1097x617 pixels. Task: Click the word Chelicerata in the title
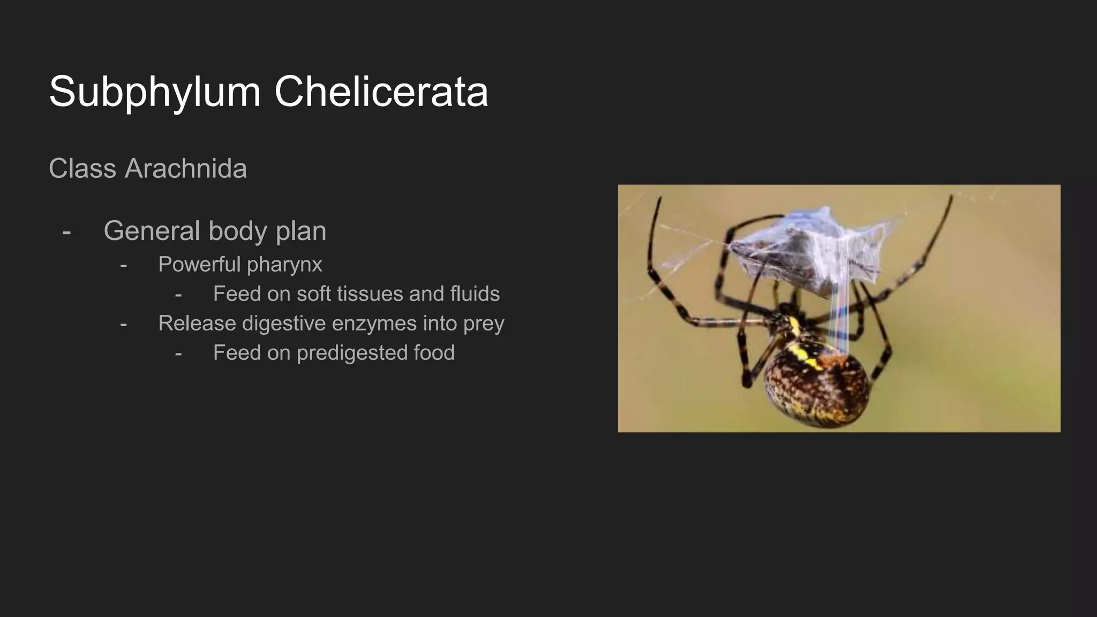coord(381,91)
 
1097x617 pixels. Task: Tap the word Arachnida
coord(185,169)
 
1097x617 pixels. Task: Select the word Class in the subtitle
coord(82,169)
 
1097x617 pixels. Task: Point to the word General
coord(152,231)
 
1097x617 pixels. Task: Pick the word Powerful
coord(199,265)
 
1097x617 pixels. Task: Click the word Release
coord(197,323)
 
